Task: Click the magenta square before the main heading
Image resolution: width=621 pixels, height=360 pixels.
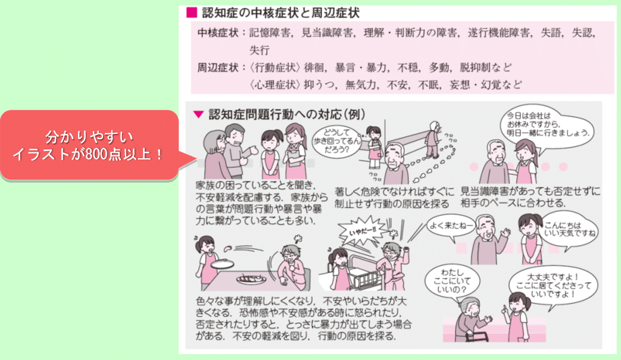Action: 191,12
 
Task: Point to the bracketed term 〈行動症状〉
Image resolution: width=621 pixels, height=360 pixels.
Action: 276,67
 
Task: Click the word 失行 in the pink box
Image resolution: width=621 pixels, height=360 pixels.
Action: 260,50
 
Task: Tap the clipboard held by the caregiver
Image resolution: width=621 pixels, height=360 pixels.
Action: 292,155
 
